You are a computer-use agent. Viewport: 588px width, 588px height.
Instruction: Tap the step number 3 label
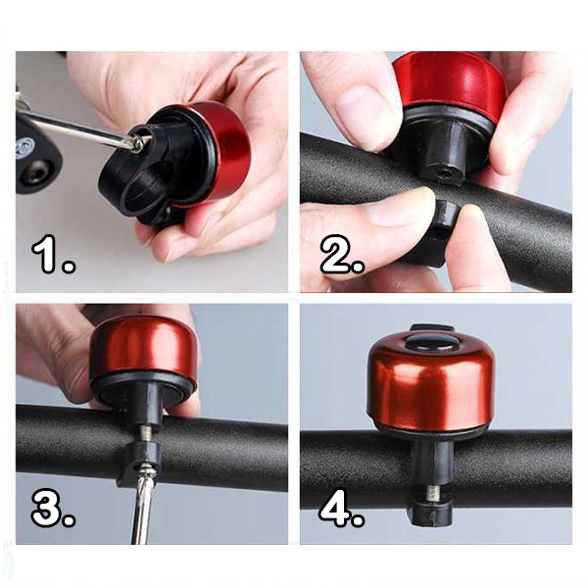tap(53, 509)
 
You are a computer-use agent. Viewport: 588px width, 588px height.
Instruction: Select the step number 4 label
tap(341, 508)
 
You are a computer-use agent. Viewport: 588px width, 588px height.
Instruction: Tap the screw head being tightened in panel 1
tap(136, 143)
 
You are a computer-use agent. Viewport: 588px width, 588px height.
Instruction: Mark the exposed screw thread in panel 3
tap(146, 434)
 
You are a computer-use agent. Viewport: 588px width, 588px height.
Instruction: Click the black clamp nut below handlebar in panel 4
tap(430, 513)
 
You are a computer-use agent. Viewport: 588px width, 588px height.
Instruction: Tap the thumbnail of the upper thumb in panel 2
tap(359, 101)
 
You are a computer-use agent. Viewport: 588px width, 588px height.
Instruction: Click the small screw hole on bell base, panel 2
tap(445, 173)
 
